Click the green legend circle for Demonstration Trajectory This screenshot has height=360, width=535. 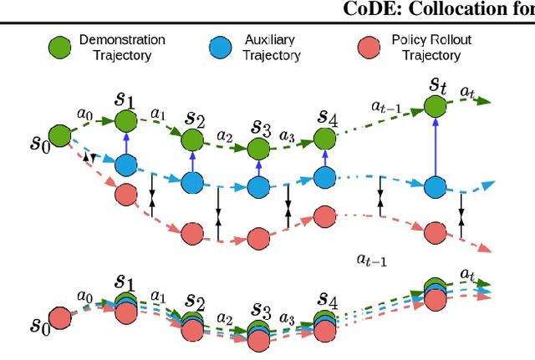pos(58,47)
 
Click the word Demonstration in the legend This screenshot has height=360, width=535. pos(121,40)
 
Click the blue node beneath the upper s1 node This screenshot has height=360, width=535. pos(125,164)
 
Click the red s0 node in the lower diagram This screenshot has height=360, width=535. pos(59,318)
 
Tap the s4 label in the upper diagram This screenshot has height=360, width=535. pos(326,117)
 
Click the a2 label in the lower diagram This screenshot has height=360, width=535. pos(224,317)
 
